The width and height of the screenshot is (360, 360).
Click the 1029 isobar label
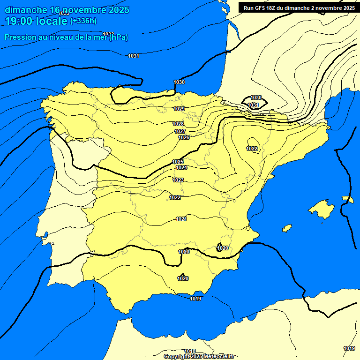coord(179,109)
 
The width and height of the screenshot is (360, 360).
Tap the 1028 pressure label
coord(178,124)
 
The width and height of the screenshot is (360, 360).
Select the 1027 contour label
coord(180,131)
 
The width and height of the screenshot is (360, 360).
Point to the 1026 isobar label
coord(184,137)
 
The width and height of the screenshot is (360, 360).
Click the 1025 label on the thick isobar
coord(178,162)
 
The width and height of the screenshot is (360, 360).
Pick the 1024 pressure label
coord(182,167)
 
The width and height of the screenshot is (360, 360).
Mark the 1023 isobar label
coord(178,180)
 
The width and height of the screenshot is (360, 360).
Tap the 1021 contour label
coord(182,219)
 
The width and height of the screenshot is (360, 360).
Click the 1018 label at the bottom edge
coord(190,351)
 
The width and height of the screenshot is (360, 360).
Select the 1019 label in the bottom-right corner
coord(349,348)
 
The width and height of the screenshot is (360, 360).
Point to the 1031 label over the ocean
coord(134,56)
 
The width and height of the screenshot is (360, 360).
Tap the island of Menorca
coord(347,199)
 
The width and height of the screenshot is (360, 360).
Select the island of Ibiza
coord(287,228)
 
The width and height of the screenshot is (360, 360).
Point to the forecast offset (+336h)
coord(83,21)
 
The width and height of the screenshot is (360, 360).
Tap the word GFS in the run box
coord(260,8)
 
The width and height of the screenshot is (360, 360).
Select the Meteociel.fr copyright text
coord(216,356)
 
